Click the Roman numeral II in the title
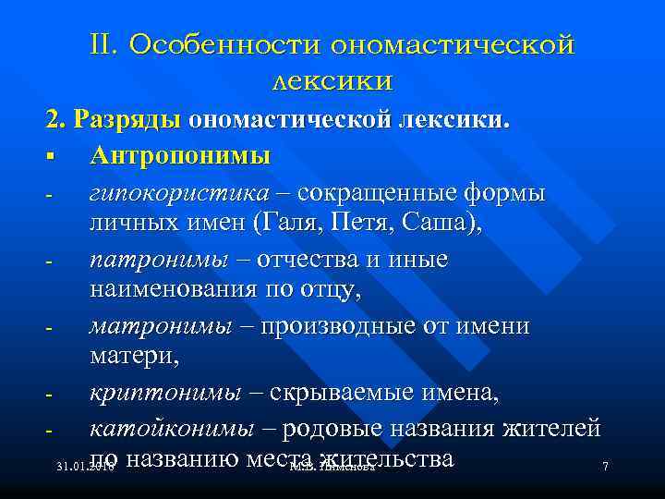pyautogui.click(x=103, y=45)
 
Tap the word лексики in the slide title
pyautogui.click(x=332, y=80)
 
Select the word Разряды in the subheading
pyautogui.click(x=129, y=120)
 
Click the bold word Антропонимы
pyautogui.click(x=180, y=155)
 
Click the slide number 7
pyautogui.click(x=605, y=468)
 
